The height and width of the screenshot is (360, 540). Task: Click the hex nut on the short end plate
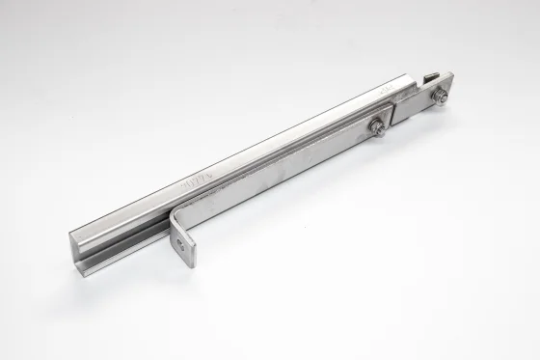[441, 95]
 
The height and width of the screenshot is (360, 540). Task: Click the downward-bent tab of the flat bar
[184, 241]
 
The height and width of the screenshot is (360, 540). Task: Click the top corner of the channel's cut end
[71, 231]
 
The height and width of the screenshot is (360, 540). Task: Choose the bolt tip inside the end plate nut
[441, 95]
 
